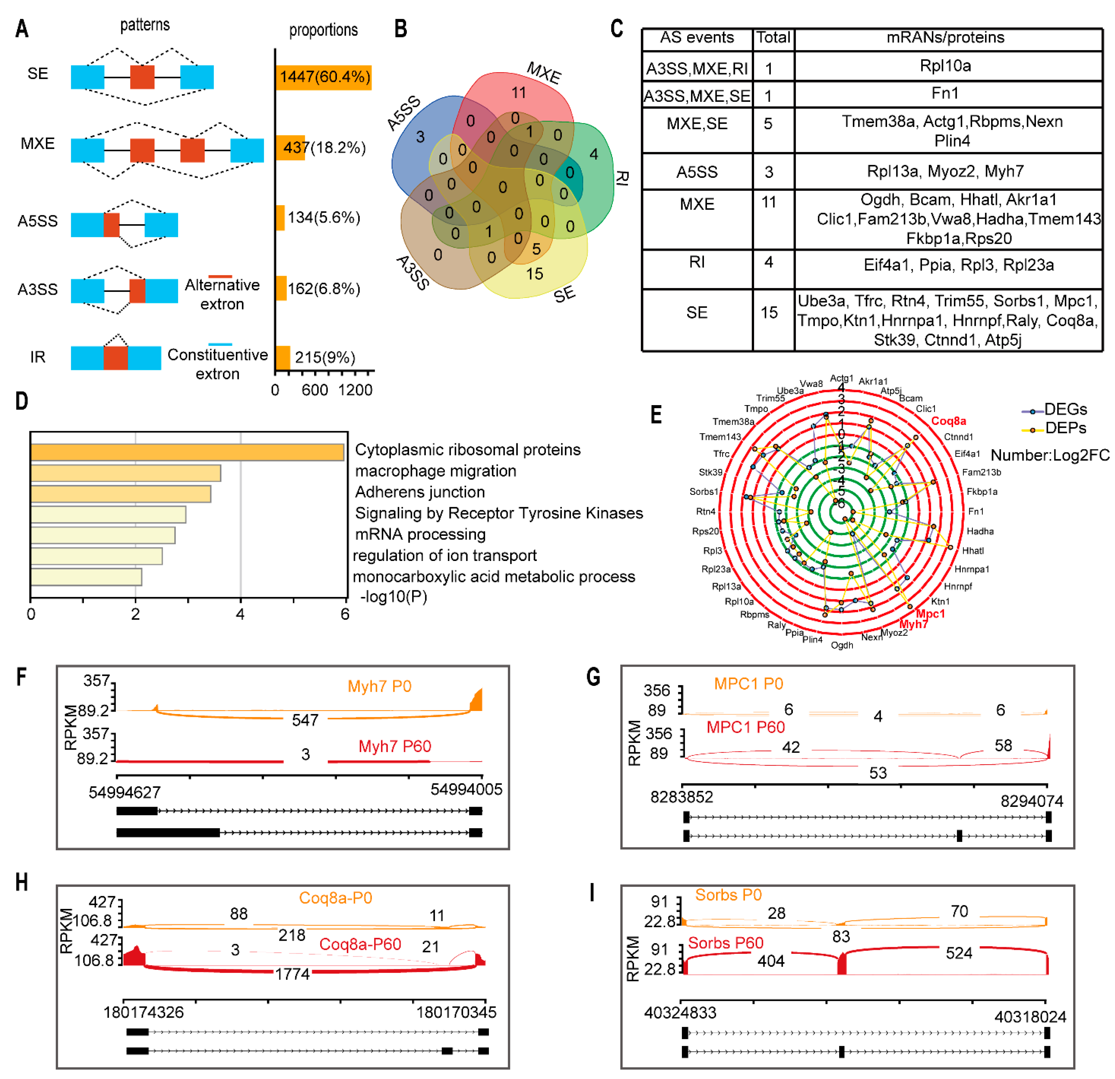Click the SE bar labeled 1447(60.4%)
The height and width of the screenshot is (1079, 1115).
(323, 77)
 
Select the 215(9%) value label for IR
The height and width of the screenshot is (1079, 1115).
(325, 357)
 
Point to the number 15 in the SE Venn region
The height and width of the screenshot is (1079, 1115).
(534, 274)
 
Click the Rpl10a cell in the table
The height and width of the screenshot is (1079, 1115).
(945, 66)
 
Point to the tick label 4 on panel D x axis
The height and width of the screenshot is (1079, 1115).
(240, 614)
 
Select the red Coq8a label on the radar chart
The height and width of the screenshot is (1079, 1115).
(948, 421)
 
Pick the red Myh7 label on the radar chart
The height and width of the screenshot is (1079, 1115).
(913, 624)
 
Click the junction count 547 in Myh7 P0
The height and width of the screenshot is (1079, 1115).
(305, 720)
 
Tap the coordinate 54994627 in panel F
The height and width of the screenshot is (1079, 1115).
(125, 792)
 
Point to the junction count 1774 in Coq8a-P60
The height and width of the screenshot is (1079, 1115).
(292, 974)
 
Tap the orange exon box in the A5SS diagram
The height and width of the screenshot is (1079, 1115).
(111, 225)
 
